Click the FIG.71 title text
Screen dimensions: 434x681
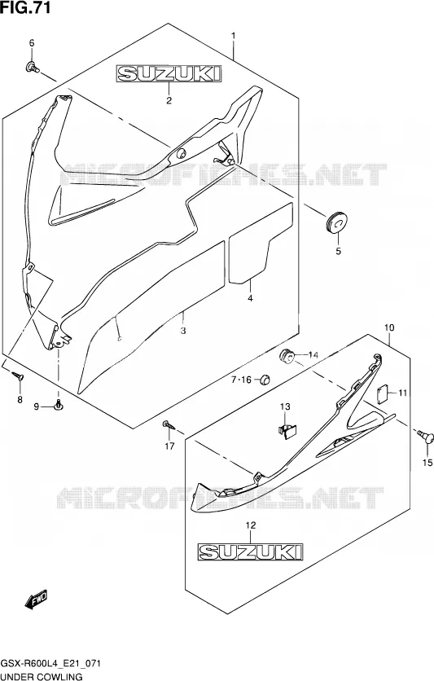(x=25, y=7)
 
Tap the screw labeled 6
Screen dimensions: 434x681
(x=32, y=67)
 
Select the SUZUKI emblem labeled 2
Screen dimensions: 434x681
(x=169, y=73)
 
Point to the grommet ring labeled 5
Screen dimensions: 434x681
(x=338, y=222)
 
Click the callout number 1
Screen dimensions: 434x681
(x=233, y=35)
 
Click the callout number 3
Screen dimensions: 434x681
(x=183, y=331)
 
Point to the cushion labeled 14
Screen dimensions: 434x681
(x=286, y=356)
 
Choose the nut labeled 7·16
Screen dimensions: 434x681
(x=264, y=380)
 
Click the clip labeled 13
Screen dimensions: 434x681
(x=287, y=431)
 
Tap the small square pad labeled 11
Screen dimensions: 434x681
(x=381, y=394)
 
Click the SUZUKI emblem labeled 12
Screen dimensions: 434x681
(x=251, y=551)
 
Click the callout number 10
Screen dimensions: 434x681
(x=389, y=327)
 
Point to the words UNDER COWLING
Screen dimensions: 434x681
(x=42, y=676)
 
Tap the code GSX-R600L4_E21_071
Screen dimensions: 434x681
(x=51, y=664)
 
